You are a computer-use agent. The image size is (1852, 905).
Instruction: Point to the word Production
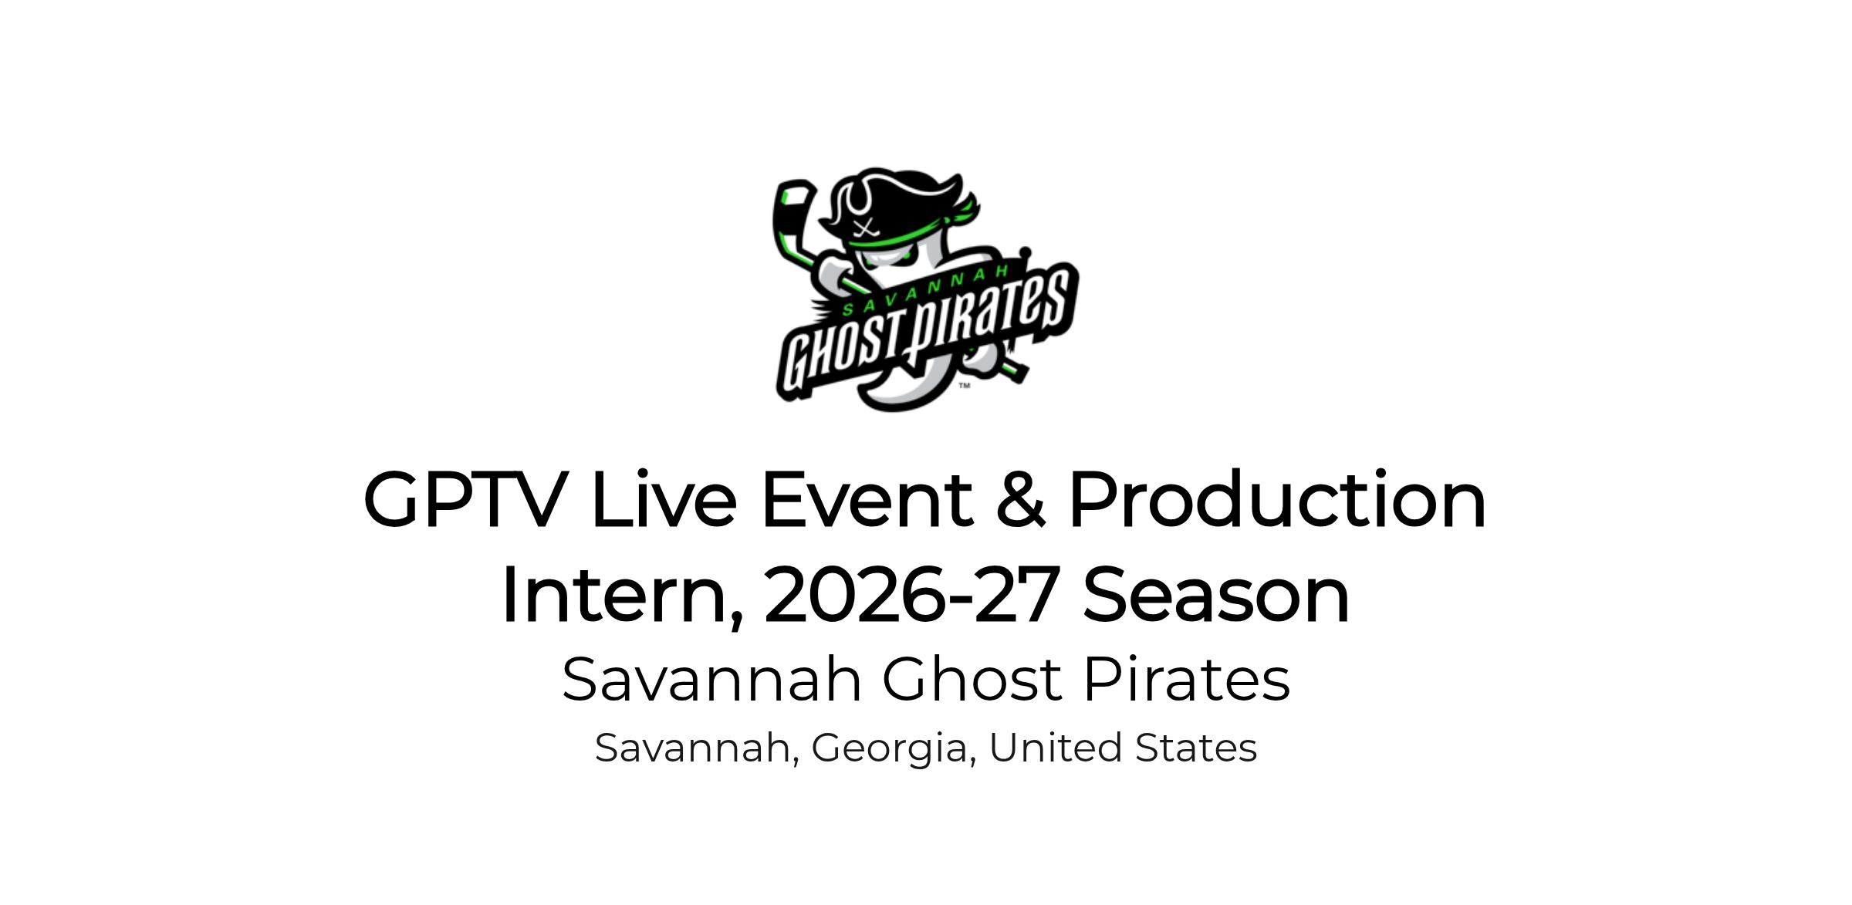pyautogui.click(x=1278, y=499)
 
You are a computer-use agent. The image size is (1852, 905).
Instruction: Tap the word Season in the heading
pyautogui.click(x=1217, y=595)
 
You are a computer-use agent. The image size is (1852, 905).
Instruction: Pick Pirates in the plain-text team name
pyautogui.click(x=1187, y=680)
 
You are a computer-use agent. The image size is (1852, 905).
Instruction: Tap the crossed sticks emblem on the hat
pyautogui.click(x=869, y=227)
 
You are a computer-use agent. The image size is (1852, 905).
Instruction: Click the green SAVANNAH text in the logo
pyautogui.click(x=926, y=290)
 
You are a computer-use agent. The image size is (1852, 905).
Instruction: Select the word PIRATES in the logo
pyautogui.click(x=988, y=316)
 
